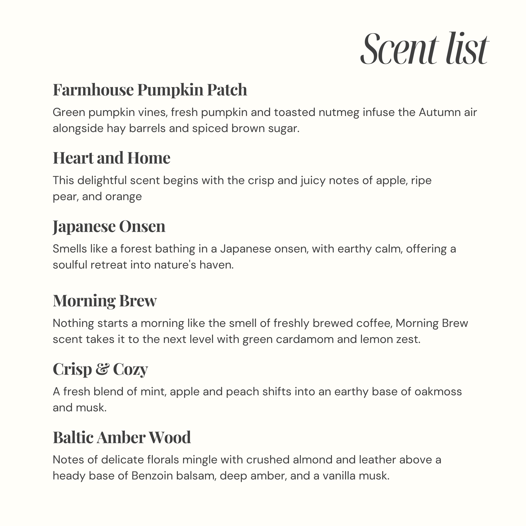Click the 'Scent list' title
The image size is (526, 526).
click(424, 49)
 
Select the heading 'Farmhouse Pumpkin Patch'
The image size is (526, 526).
click(150, 90)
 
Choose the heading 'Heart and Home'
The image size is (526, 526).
click(111, 158)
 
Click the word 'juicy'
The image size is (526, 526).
click(313, 181)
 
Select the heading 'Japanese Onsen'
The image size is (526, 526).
click(109, 226)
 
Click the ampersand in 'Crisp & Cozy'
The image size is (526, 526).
click(102, 369)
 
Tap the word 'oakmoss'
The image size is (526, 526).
click(438, 392)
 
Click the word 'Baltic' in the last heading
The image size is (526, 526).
click(73, 438)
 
